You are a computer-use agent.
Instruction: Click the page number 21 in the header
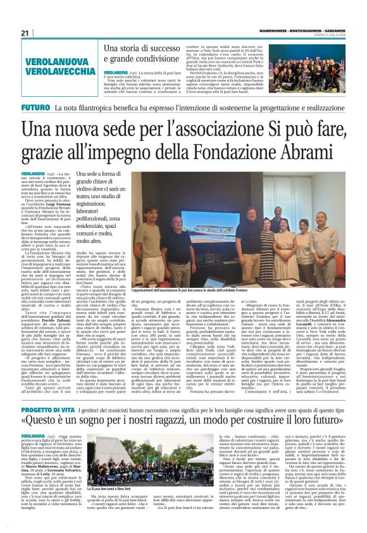(x=26, y=33)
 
